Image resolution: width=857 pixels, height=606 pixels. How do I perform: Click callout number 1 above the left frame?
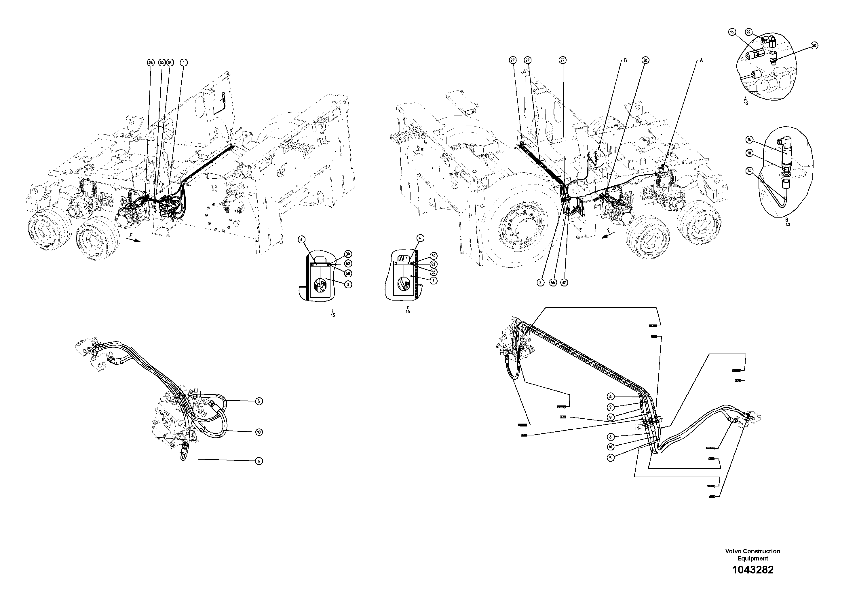(184, 63)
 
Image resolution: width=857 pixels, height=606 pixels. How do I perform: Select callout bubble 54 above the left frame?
(170, 63)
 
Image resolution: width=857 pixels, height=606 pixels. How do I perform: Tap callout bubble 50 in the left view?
(161, 63)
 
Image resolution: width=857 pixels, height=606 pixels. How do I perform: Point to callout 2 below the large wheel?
(541, 283)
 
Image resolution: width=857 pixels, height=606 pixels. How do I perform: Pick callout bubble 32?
(564, 283)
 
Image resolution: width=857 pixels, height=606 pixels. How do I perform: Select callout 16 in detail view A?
(732, 33)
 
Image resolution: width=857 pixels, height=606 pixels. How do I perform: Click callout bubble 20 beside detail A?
(814, 46)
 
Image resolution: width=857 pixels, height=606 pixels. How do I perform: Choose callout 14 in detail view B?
(749, 140)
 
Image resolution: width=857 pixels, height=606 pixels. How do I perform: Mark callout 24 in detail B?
(749, 171)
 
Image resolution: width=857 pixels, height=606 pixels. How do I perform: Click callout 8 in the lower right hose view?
(610, 397)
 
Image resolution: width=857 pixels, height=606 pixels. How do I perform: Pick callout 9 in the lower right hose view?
(610, 417)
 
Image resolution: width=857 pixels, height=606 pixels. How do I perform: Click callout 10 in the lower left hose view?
(259, 432)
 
